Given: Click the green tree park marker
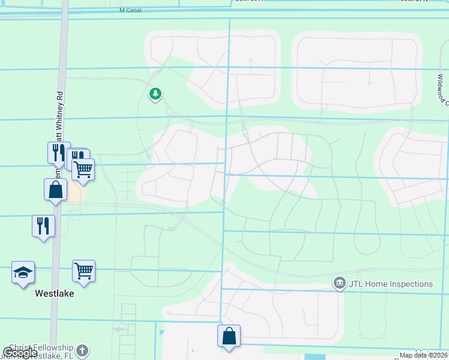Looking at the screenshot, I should (155, 94).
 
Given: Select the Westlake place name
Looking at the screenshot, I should (54, 294).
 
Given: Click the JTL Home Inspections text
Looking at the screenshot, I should (391, 284).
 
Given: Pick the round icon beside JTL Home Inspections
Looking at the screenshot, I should (339, 283).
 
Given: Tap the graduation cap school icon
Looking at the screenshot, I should (23, 272).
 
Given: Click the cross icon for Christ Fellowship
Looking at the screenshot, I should (82, 350).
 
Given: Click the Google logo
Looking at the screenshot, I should (20, 353).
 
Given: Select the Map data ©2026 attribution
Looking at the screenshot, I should (424, 355).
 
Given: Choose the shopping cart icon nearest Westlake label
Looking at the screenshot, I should (83, 271).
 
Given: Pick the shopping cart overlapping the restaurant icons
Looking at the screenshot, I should (83, 169).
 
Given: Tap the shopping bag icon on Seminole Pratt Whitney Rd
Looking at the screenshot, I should (55, 190).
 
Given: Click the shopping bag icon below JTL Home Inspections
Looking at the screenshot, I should (229, 335).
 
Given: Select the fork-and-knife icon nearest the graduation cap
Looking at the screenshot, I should (43, 226).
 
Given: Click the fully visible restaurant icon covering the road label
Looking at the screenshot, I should (59, 152).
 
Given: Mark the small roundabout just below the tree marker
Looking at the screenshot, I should (170, 112).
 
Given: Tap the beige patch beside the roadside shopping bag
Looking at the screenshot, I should (76, 192).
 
